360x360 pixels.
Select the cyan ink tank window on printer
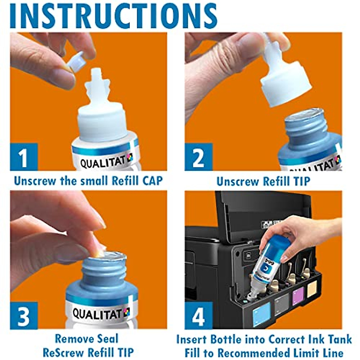pyautogui.click(x=261, y=314)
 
